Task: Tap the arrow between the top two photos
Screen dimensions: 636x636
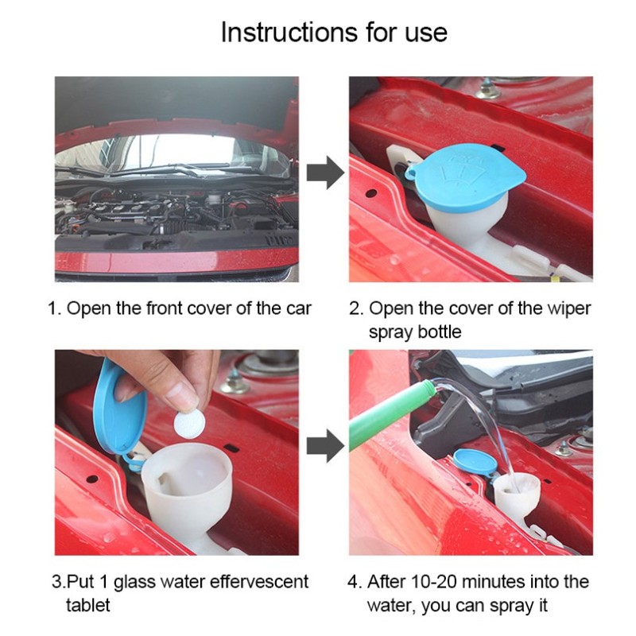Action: coord(324,173)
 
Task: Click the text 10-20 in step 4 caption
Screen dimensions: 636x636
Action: coord(437,582)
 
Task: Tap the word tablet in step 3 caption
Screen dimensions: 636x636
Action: coord(87,606)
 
